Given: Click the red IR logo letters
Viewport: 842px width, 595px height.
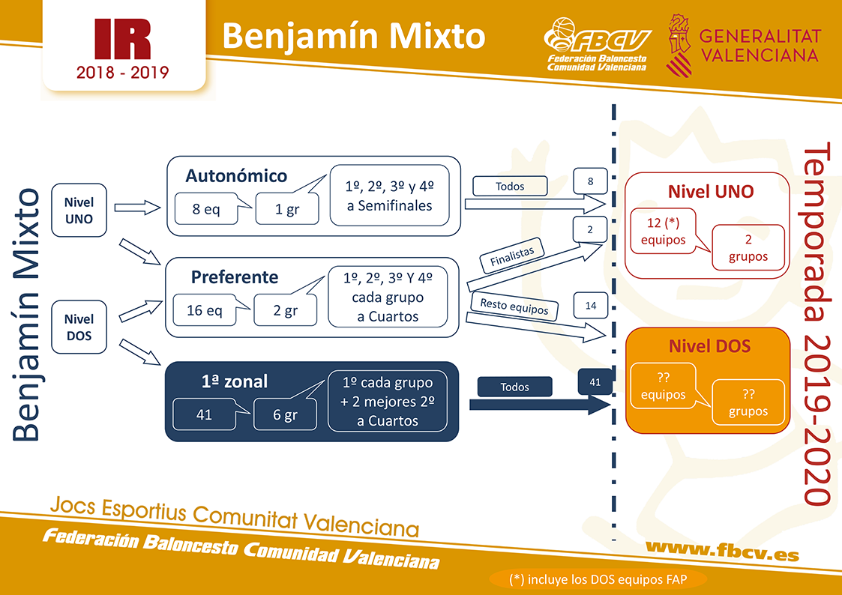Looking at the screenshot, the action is [x=122, y=39].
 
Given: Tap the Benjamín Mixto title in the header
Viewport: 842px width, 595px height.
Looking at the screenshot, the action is [x=354, y=37].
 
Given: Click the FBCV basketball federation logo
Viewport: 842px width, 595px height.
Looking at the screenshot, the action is [x=597, y=44].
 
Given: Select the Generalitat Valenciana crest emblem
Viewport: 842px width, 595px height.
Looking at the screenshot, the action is [x=679, y=46].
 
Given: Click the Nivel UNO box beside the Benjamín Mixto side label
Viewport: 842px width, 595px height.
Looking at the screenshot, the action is [x=79, y=211].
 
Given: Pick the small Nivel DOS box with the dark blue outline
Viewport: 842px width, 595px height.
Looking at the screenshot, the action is [x=79, y=327].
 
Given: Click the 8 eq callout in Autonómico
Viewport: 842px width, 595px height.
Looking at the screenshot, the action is [x=207, y=209].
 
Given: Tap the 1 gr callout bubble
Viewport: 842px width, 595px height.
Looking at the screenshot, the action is [x=287, y=209].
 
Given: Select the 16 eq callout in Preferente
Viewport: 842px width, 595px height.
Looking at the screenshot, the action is [x=205, y=310].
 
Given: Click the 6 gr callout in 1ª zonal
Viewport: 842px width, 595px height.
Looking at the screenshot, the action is [x=285, y=414].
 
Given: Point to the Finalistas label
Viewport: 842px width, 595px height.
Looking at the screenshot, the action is [x=512, y=256].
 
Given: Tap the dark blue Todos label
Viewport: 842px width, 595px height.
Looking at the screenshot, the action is [x=514, y=387].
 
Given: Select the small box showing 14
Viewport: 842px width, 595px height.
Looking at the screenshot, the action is [x=591, y=306].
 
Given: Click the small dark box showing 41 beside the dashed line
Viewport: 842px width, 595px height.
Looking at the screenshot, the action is [x=595, y=382].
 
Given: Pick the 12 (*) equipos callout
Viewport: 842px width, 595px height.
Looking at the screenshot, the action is [x=664, y=231].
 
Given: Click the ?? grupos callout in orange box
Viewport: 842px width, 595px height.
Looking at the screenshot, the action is [x=748, y=402].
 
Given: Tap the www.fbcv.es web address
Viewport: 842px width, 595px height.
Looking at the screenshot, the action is [x=722, y=551].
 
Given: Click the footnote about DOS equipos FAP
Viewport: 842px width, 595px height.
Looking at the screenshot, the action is [x=598, y=579].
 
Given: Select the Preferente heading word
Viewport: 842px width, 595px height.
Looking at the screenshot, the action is [x=235, y=277].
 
